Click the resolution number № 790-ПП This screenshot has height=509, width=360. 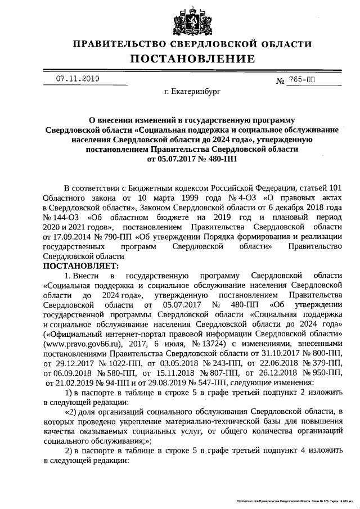pyautogui.click(x=102, y=235)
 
